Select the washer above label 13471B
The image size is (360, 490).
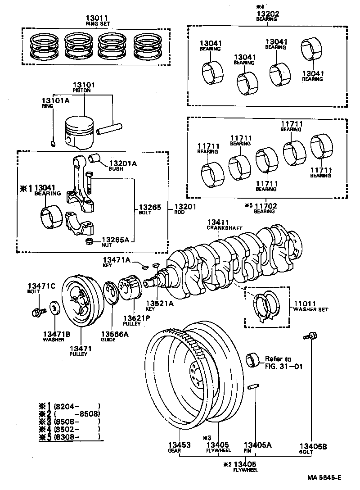point(54,309)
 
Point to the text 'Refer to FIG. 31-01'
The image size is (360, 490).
point(283,363)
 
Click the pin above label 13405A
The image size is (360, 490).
point(253,387)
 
